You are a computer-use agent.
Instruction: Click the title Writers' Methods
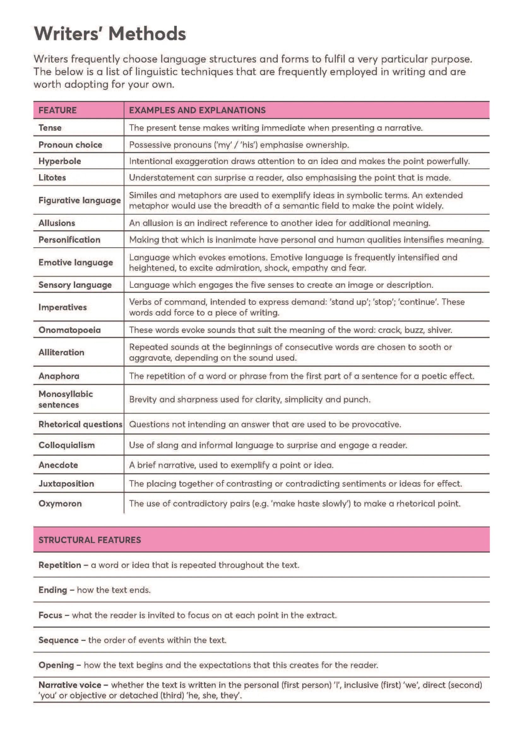pos(110,34)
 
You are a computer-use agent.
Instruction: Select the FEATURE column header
pos(57,110)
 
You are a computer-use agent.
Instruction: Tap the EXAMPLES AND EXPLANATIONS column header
pos(197,110)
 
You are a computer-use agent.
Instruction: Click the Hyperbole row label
pos(60,161)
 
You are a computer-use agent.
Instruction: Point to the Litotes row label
pos(52,177)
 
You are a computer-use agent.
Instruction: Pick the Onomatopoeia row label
pos(69,330)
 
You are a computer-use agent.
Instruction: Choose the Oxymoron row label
pos(60,503)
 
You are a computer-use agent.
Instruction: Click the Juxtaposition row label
pos(66,483)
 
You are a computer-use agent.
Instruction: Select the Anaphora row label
pos(59,376)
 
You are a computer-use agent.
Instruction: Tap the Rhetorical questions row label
pos(80,424)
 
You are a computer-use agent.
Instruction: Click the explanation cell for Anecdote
pos(231,465)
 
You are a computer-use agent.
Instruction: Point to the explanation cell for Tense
pos(276,127)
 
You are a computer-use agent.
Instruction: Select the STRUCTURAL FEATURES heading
pos(90,540)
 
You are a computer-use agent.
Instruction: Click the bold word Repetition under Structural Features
pos(60,565)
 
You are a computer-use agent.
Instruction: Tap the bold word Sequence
pos(58,640)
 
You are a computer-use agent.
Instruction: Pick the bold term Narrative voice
pos(70,685)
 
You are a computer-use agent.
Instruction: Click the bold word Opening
pos(56,665)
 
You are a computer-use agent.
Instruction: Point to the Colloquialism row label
pos(67,445)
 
